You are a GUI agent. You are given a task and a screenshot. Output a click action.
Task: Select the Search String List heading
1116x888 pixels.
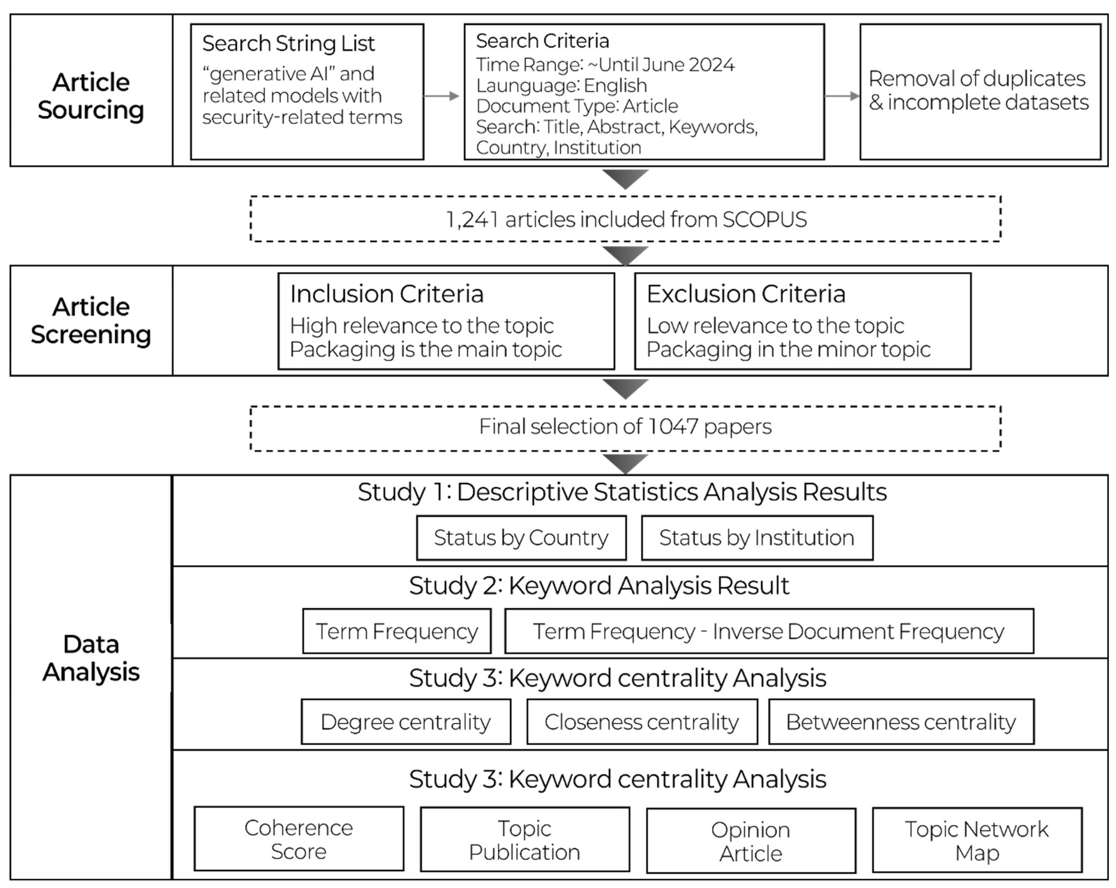click(x=288, y=44)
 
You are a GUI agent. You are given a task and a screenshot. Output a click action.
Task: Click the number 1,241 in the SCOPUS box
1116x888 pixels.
click(x=472, y=219)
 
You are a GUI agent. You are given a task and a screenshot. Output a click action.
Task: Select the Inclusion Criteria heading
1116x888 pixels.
click(x=387, y=294)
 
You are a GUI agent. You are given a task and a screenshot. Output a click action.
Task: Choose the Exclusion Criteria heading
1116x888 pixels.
click(x=746, y=294)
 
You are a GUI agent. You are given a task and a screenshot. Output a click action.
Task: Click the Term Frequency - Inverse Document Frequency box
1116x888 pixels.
click(x=769, y=631)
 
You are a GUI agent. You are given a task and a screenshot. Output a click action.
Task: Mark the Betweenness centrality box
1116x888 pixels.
click(x=901, y=722)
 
